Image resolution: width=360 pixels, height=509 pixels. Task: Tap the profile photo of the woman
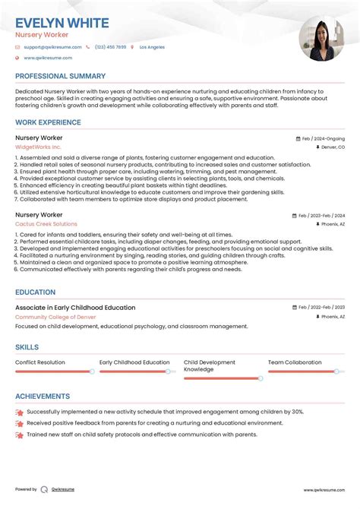tap(322, 39)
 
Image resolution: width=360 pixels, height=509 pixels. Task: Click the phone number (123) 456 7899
tap(110, 47)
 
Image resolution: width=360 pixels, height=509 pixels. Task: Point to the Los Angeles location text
tap(151, 47)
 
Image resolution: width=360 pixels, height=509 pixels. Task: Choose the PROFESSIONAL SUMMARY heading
tap(60, 76)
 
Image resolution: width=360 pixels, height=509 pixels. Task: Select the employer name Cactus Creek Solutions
tap(46, 224)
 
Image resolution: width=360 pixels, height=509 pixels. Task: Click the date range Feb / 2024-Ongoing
tap(323, 139)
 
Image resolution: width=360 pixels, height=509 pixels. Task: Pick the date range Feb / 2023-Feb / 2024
tap(321, 216)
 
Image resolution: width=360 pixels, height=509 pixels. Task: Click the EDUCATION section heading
tap(35, 292)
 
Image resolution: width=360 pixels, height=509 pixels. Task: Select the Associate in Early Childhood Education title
tap(75, 308)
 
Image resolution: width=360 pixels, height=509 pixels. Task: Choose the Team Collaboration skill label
tap(295, 362)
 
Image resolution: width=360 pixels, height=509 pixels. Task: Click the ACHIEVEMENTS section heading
tap(43, 397)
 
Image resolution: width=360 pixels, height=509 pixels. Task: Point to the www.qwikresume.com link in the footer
tap(324, 490)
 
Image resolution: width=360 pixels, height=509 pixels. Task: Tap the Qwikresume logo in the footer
tap(44, 490)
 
